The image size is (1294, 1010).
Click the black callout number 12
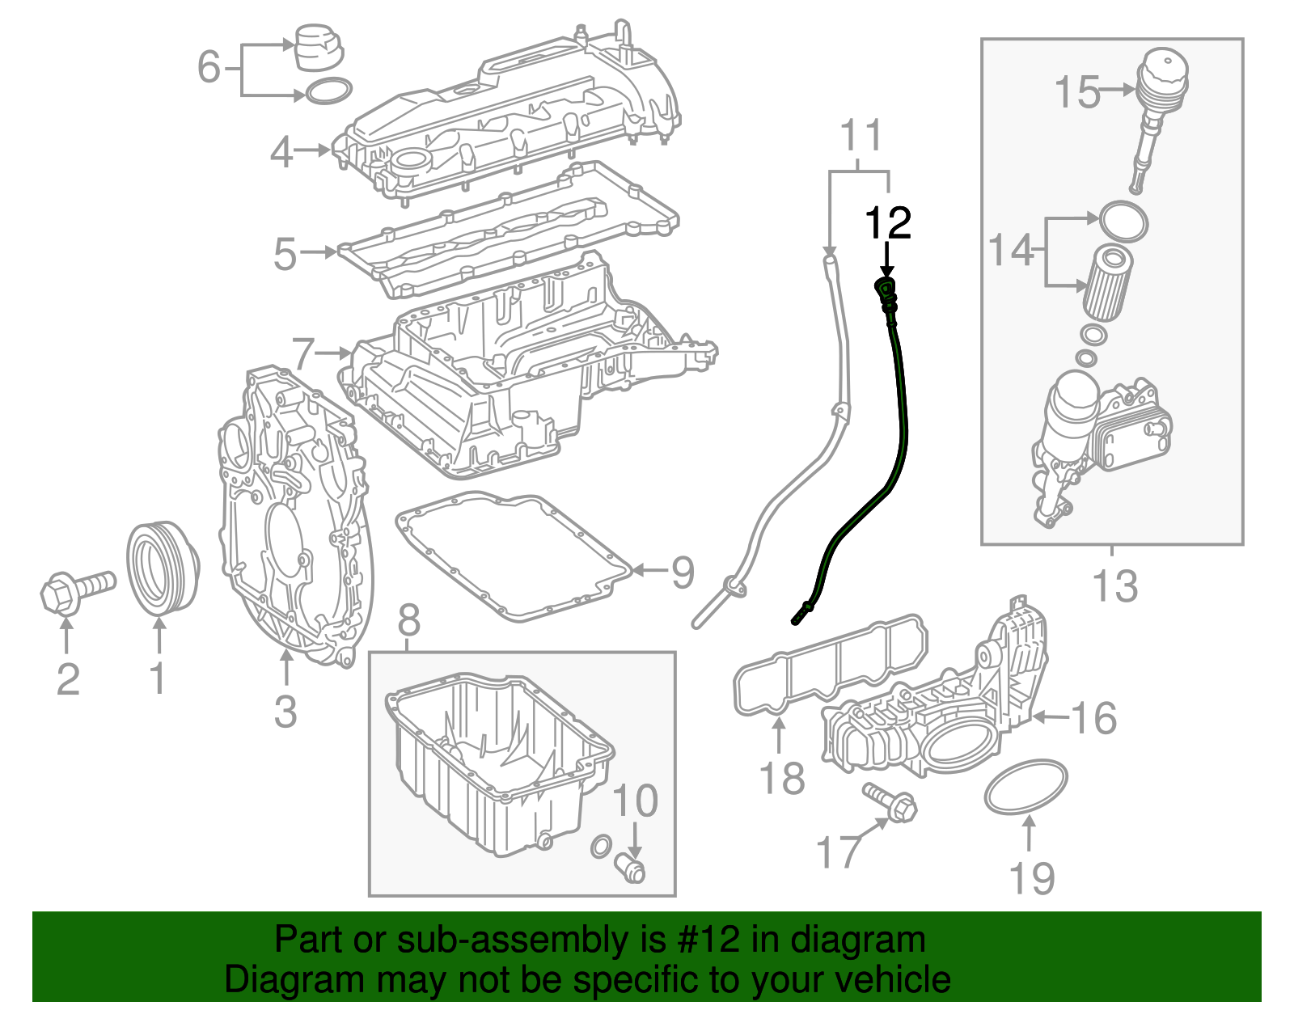(x=888, y=223)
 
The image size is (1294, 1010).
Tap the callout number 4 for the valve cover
(x=281, y=152)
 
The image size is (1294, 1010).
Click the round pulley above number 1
(x=162, y=568)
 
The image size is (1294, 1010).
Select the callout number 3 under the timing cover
(x=285, y=712)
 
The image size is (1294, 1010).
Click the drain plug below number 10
(x=632, y=869)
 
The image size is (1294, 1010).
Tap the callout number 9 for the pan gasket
(x=683, y=573)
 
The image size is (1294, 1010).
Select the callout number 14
(x=1011, y=251)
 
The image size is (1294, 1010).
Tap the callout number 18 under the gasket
(x=782, y=779)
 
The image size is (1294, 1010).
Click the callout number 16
(x=1094, y=718)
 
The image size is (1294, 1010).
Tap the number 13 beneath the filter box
(x=1114, y=586)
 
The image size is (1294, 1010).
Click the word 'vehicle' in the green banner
(x=892, y=980)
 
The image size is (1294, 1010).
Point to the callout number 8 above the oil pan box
(x=409, y=621)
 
